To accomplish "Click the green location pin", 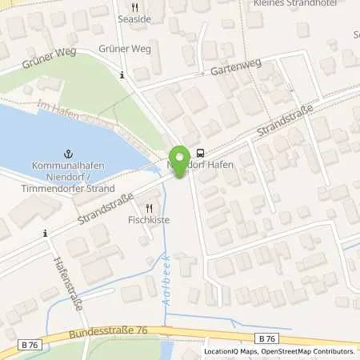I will (182, 158).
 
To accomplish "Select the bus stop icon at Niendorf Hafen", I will (200, 154).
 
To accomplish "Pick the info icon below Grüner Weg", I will (122, 75).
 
